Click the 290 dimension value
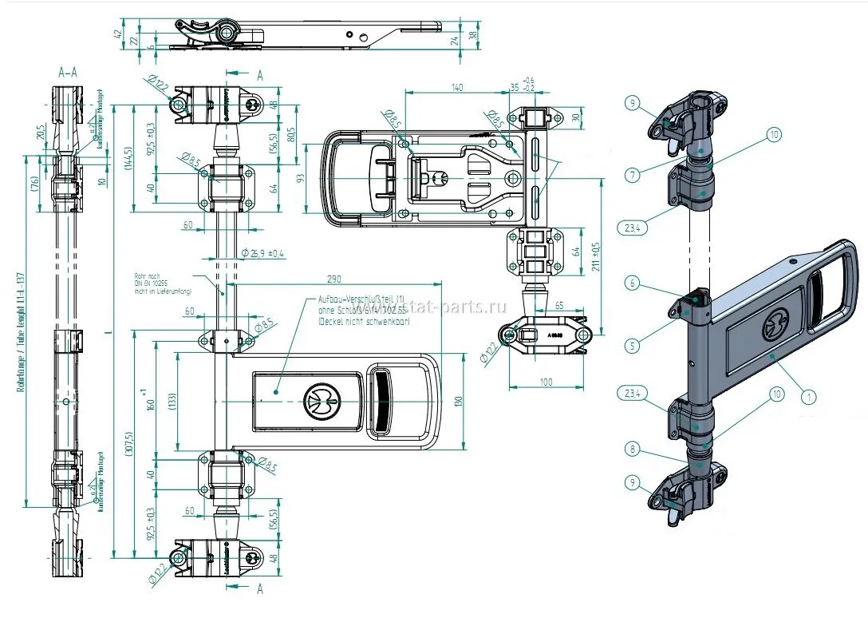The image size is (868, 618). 333,279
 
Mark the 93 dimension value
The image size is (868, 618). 301,178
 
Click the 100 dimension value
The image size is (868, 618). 546,382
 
